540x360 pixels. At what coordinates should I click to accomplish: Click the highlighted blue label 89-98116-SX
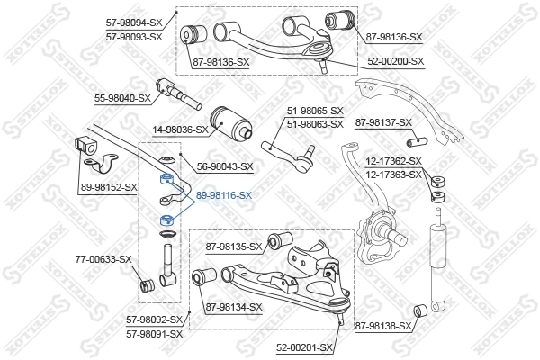coord(224,194)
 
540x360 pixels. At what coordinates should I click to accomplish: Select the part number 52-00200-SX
coord(394,61)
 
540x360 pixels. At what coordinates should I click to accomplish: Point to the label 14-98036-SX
coord(181,129)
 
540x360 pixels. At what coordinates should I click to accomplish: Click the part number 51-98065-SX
coord(316,111)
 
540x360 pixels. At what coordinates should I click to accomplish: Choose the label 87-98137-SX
coord(383,122)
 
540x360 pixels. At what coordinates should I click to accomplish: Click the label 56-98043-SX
coord(225,166)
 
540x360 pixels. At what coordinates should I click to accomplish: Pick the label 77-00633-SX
coord(103,259)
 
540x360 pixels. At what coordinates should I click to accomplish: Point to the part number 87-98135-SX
coord(234,246)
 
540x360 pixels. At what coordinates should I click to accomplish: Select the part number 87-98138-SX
coord(382,326)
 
